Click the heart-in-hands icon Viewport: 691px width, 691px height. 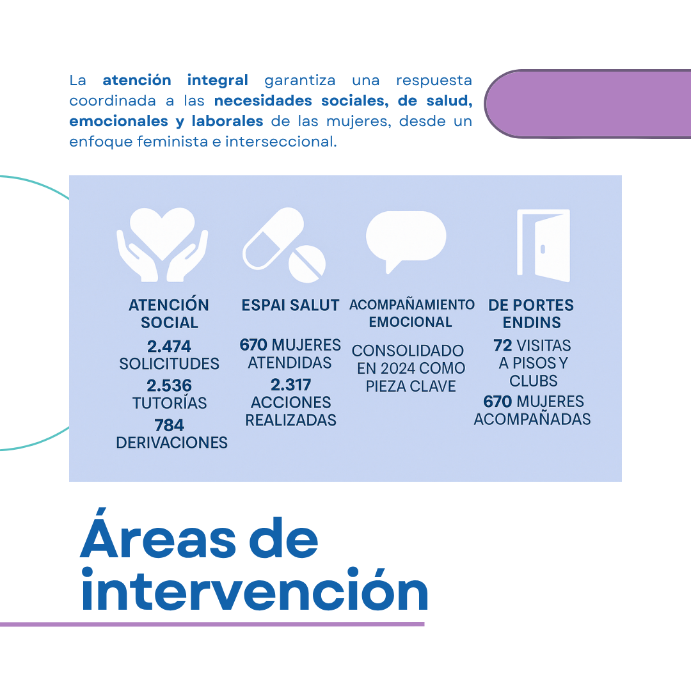(162, 244)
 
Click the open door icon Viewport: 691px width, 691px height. (543, 246)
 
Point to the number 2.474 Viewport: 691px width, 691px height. (169, 346)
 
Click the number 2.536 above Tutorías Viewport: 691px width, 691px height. (169, 386)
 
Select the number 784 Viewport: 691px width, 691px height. (169, 425)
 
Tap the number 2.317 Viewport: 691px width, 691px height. (291, 385)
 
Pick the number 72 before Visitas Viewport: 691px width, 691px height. (503, 345)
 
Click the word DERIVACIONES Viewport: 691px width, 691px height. (172, 443)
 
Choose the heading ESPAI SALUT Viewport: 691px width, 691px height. (290, 305)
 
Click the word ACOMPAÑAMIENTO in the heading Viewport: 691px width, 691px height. (412, 305)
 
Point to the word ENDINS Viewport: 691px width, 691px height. (532, 322)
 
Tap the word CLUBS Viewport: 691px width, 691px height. (534, 381)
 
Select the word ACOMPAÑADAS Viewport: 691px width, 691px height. (532, 419)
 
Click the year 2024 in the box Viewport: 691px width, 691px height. (398, 369)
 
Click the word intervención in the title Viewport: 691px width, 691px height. (255, 589)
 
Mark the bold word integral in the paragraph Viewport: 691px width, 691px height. (218, 80)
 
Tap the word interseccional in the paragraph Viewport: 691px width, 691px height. (281, 141)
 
